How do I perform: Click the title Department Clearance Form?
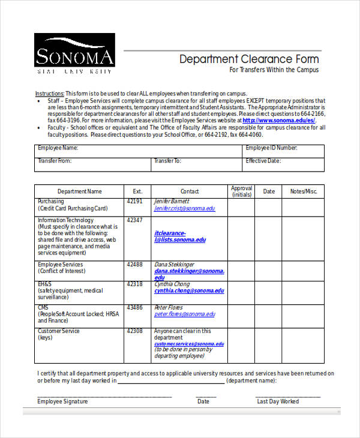click(x=249, y=59)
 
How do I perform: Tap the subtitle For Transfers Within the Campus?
click(x=274, y=70)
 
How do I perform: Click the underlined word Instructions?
click(x=49, y=94)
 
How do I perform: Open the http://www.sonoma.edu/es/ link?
click(x=279, y=120)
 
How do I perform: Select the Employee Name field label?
click(x=58, y=148)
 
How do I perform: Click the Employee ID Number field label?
click(x=271, y=148)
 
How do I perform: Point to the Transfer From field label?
click(x=55, y=161)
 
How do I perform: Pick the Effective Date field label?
click(x=263, y=161)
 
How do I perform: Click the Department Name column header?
click(x=80, y=191)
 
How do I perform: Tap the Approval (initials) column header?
click(x=241, y=191)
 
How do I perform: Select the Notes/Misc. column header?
click(x=303, y=191)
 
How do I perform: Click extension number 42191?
click(x=134, y=202)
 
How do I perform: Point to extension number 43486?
click(x=134, y=308)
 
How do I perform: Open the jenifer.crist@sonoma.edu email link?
click(x=184, y=209)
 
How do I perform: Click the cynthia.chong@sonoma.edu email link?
click(x=189, y=290)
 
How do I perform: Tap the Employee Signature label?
click(x=62, y=401)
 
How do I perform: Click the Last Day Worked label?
click(x=278, y=401)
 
